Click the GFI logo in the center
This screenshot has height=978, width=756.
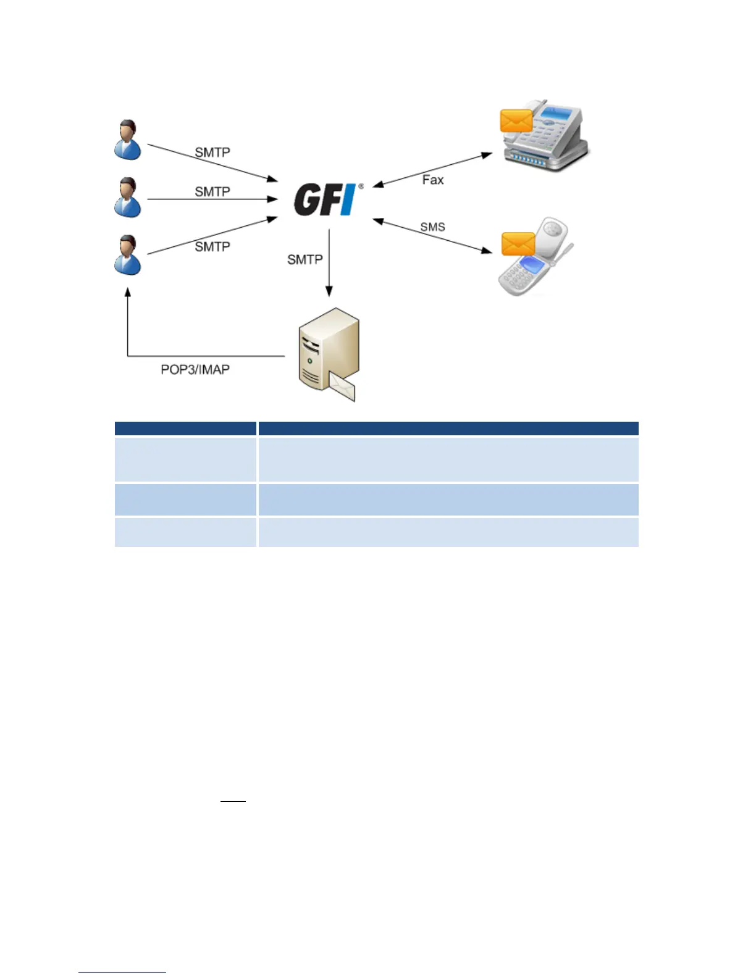(x=325, y=199)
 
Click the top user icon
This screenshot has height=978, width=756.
(x=128, y=140)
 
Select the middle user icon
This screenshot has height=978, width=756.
(x=128, y=198)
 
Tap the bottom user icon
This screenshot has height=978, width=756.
(x=128, y=254)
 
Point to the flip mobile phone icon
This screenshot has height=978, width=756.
(x=535, y=256)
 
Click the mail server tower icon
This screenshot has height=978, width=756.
(x=328, y=355)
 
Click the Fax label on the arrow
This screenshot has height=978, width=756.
(x=433, y=180)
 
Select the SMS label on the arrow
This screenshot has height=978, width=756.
(x=432, y=227)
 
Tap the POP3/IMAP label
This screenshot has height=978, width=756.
(x=195, y=369)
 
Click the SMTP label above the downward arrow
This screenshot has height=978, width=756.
(x=305, y=260)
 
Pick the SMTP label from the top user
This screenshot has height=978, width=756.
(x=212, y=153)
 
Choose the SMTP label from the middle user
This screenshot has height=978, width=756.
(x=212, y=192)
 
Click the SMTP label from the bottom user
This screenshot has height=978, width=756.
(x=212, y=247)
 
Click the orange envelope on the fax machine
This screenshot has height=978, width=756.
(x=516, y=121)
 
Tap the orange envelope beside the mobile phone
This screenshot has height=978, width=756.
(x=518, y=244)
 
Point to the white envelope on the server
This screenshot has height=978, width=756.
(x=342, y=387)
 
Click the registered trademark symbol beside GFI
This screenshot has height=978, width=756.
(x=361, y=186)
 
